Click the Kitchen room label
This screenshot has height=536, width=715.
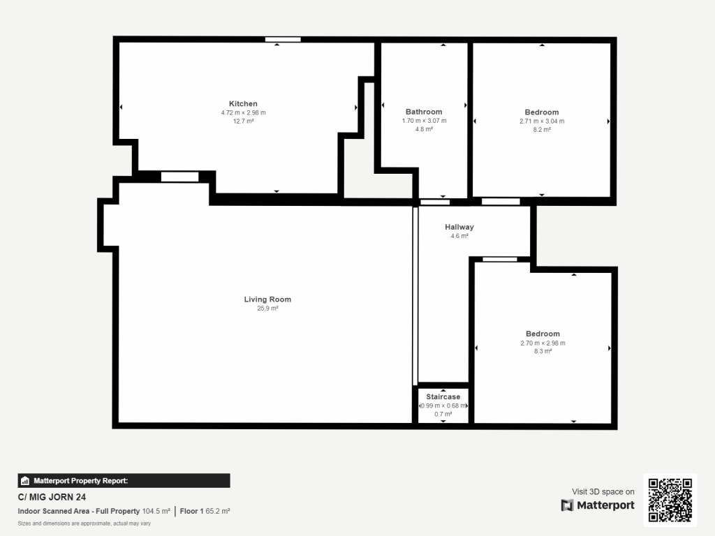243,104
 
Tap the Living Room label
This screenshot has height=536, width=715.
267,299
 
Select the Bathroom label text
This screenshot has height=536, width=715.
424,112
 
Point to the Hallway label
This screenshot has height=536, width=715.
459,227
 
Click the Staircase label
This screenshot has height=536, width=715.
443,397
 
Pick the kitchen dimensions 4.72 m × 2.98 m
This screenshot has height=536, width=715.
244,112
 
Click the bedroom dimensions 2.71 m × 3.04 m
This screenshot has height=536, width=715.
542,121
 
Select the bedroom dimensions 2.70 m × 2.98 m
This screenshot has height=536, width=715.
543,343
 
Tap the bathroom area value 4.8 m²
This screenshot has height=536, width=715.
424,129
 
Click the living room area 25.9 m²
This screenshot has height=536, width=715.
267,308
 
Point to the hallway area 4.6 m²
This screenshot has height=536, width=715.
459,236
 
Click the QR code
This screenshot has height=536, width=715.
670,500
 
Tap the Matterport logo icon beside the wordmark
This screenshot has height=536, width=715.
567,505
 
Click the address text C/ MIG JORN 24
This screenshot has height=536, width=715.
52,497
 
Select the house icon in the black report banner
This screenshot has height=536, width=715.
25,481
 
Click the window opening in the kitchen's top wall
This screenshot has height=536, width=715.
283,40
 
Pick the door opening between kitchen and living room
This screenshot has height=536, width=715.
179,177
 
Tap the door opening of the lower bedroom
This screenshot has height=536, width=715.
500,260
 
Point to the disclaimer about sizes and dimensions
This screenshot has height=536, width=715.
84,523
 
